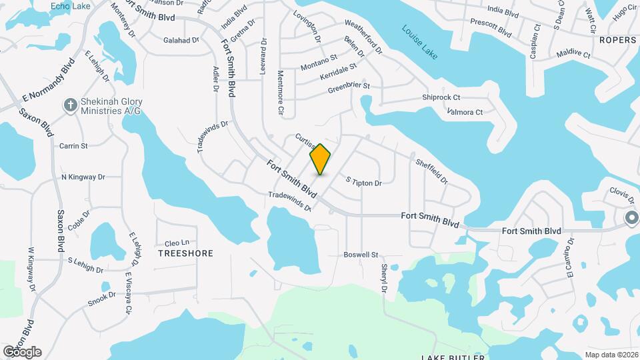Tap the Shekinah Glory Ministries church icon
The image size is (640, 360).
(x=71, y=105)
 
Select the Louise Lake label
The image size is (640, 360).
(x=420, y=42)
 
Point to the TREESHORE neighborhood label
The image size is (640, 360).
(x=185, y=253)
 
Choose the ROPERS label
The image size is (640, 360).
(x=617, y=40)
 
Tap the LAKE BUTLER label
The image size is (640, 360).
(x=452, y=357)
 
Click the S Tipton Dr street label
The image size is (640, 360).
(x=363, y=182)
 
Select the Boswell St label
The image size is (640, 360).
(x=361, y=255)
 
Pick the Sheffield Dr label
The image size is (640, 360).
(x=431, y=171)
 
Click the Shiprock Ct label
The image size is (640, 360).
(x=441, y=97)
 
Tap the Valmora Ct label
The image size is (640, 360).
(x=465, y=112)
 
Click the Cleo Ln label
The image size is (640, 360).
(x=177, y=242)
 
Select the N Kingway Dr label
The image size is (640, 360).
(x=83, y=177)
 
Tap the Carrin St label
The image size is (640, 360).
(x=73, y=145)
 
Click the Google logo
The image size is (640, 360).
(x=22, y=351)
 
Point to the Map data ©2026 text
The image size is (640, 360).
(x=611, y=355)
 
